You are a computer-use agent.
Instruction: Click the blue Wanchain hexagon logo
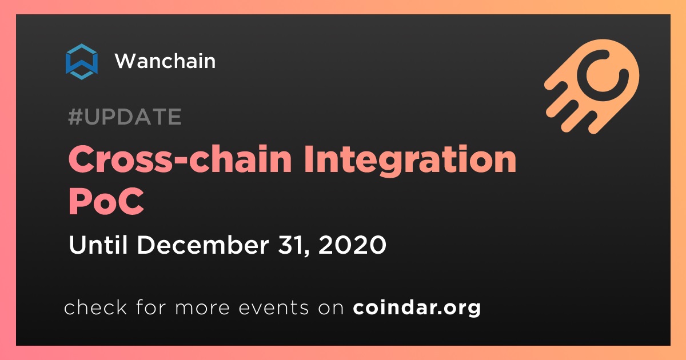(x=82, y=62)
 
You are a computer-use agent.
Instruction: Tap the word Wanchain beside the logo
(x=165, y=61)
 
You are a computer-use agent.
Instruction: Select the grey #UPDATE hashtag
(x=125, y=117)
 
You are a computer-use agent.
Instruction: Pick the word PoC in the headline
(x=106, y=201)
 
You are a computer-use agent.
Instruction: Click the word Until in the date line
(x=98, y=245)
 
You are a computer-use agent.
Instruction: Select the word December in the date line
(x=203, y=245)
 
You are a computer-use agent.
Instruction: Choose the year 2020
(x=352, y=245)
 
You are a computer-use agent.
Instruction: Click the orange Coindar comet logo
(x=592, y=86)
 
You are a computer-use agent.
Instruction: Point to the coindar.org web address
(x=417, y=307)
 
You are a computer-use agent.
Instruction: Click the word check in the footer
(x=95, y=307)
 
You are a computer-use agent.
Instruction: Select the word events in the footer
(x=273, y=307)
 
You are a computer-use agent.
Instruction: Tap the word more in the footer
(x=202, y=308)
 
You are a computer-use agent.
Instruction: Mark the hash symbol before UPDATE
(x=75, y=117)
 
